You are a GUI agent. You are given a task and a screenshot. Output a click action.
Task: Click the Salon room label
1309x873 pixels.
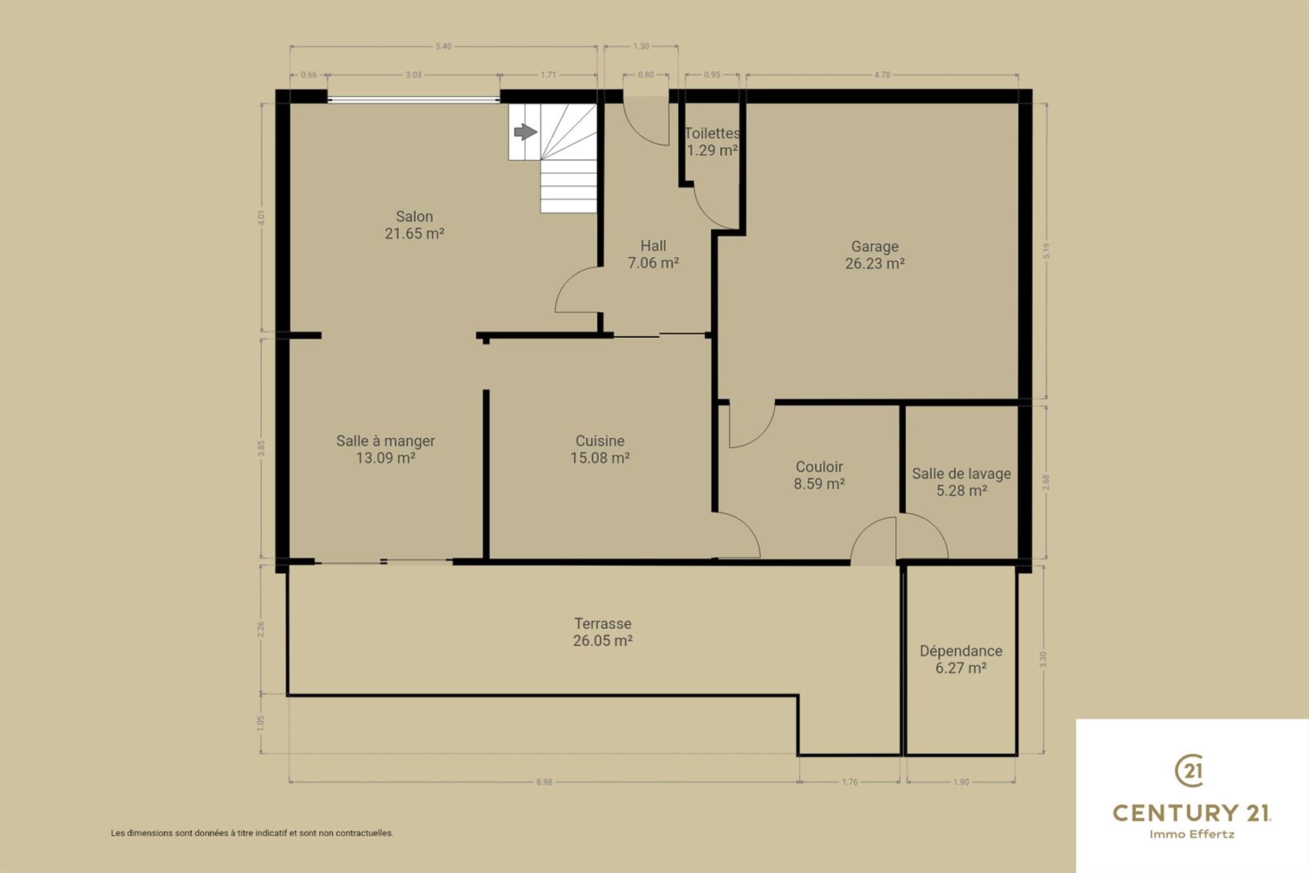(x=415, y=217)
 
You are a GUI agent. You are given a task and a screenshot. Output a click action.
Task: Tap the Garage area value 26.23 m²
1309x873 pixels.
(x=875, y=264)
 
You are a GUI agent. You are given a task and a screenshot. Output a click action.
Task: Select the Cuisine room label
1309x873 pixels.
(x=600, y=441)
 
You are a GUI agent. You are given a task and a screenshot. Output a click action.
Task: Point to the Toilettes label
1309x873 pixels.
(x=712, y=133)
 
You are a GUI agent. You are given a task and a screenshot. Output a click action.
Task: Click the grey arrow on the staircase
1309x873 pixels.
(x=525, y=132)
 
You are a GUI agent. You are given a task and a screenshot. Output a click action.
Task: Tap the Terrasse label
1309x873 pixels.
(x=603, y=624)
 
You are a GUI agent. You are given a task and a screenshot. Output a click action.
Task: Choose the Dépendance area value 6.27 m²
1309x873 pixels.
(x=962, y=668)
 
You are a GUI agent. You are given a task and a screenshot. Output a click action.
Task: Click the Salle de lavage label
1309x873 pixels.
(x=962, y=474)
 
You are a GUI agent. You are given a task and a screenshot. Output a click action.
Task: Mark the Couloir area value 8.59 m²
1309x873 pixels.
(x=819, y=483)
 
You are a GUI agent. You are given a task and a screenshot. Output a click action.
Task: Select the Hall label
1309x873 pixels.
(x=654, y=247)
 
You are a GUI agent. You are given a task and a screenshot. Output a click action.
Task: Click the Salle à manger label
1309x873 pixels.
(x=385, y=441)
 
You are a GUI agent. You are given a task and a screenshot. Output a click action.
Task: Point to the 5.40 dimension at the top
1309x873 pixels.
(x=444, y=46)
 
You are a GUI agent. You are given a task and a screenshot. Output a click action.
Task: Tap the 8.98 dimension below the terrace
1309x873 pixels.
(x=544, y=782)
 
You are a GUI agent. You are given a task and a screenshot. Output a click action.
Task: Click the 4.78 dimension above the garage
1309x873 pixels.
(x=882, y=75)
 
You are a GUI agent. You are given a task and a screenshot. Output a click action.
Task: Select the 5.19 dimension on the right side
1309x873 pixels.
(x=1046, y=251)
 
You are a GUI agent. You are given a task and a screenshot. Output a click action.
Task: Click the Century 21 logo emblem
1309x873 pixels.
(x=1189, y=770)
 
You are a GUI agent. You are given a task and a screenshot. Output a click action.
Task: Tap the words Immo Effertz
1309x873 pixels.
(x=1192, y=834)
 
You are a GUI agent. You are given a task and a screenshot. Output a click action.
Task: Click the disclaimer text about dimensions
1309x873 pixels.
(x=252, y=833)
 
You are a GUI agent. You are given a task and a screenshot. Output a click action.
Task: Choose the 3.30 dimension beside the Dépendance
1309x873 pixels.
(x=1044, y=660)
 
